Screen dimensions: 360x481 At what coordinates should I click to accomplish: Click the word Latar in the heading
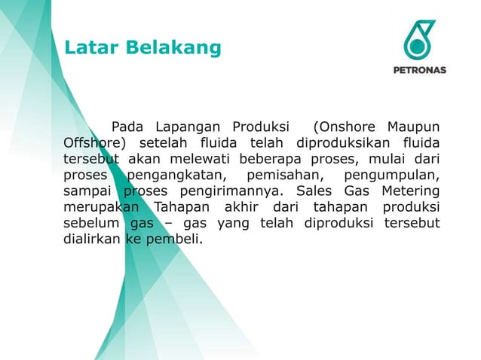(87, 48)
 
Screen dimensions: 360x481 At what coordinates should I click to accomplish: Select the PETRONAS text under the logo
(420, 70)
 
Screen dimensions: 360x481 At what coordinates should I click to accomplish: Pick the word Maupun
(413, 125)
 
